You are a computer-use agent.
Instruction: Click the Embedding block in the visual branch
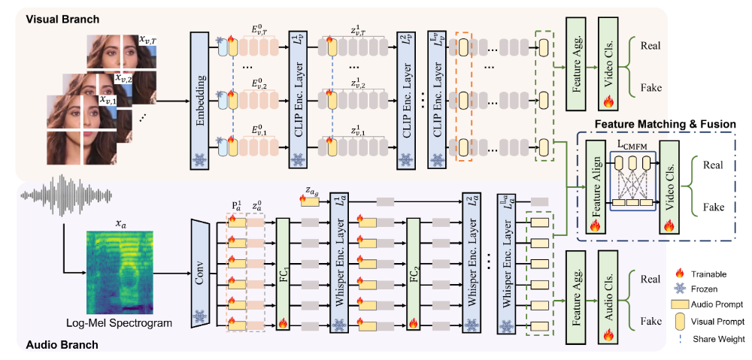click(199, 94)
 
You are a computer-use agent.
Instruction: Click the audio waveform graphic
click(55, 197)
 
